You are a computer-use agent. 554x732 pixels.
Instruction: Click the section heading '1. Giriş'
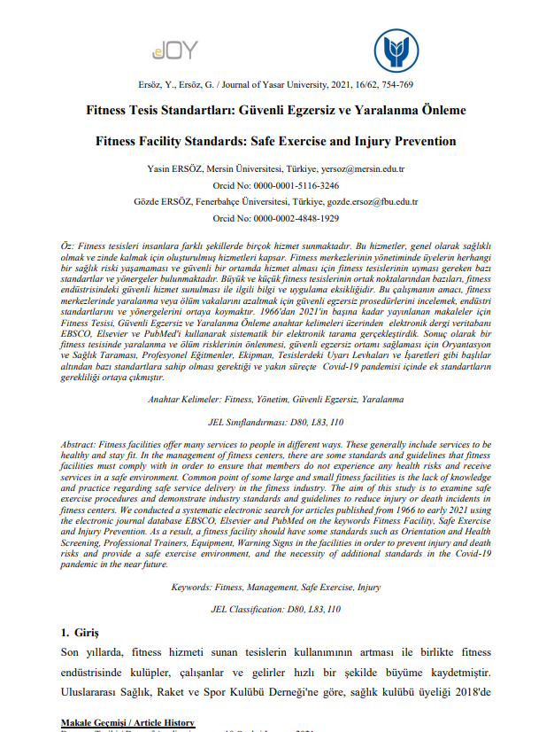(81, 633)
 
